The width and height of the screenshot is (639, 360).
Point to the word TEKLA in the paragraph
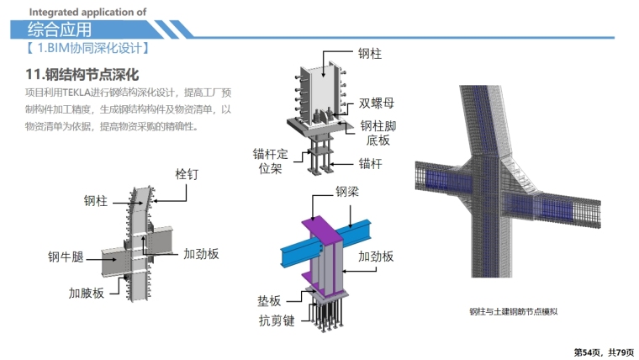[x=88, y=92]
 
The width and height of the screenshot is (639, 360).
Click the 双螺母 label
[x=376, y=103]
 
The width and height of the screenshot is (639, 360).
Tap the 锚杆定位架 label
[x=271, y=161]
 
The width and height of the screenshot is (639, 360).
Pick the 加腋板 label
[x=86, y=293]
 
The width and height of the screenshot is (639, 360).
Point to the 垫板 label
[x=269, y=299]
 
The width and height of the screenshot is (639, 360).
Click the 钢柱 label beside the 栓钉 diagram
[x=95, y=201]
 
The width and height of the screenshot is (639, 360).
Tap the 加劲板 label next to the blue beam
[x=375, y=257]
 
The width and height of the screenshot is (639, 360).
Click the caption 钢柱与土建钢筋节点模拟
[x=514, y=312]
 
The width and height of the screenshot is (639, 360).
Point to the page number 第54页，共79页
[x=603, y=351]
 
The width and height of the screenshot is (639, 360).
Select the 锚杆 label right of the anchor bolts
[x=370, y=163]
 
